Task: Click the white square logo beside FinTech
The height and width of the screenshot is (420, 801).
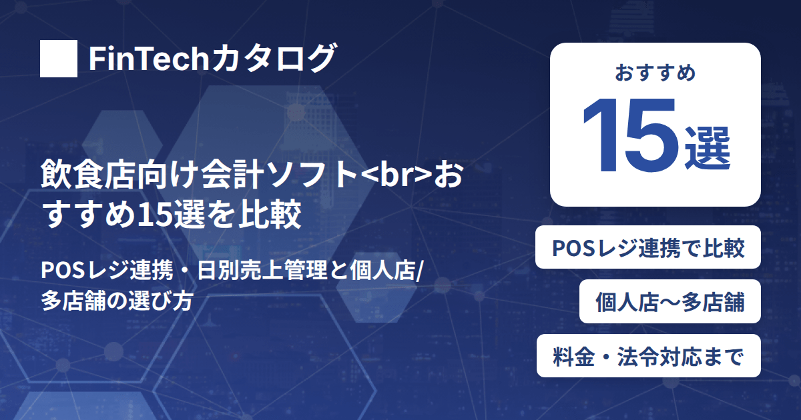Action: [x=59, y=59]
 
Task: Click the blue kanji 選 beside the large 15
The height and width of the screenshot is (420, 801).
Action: [x=708, y=148]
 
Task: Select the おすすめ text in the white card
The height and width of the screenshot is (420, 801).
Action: [x=655, y=72]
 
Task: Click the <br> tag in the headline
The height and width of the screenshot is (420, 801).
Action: [x=397, y=176]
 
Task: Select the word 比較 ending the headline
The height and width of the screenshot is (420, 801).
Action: [x=270, y=214]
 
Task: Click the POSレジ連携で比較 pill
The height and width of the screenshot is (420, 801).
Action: [x=648, y=247]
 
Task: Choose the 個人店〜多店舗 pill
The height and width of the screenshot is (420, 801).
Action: [x=670, y=301]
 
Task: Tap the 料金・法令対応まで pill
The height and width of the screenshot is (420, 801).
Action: [x=649, y=356]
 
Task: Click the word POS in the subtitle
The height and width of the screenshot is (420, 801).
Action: [x=63, y=270]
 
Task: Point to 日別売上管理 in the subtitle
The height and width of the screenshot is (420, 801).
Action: [x=262, y=270]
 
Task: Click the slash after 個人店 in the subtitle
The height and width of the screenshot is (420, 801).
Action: [x=419, y=271]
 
